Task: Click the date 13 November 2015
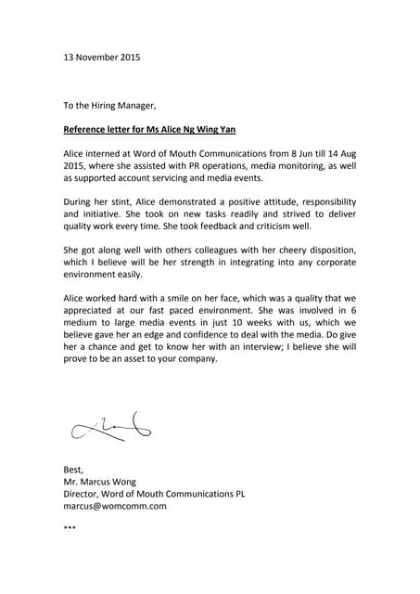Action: [101, 58]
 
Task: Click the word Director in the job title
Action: [83, 495]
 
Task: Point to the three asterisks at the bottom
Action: [69, 529]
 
